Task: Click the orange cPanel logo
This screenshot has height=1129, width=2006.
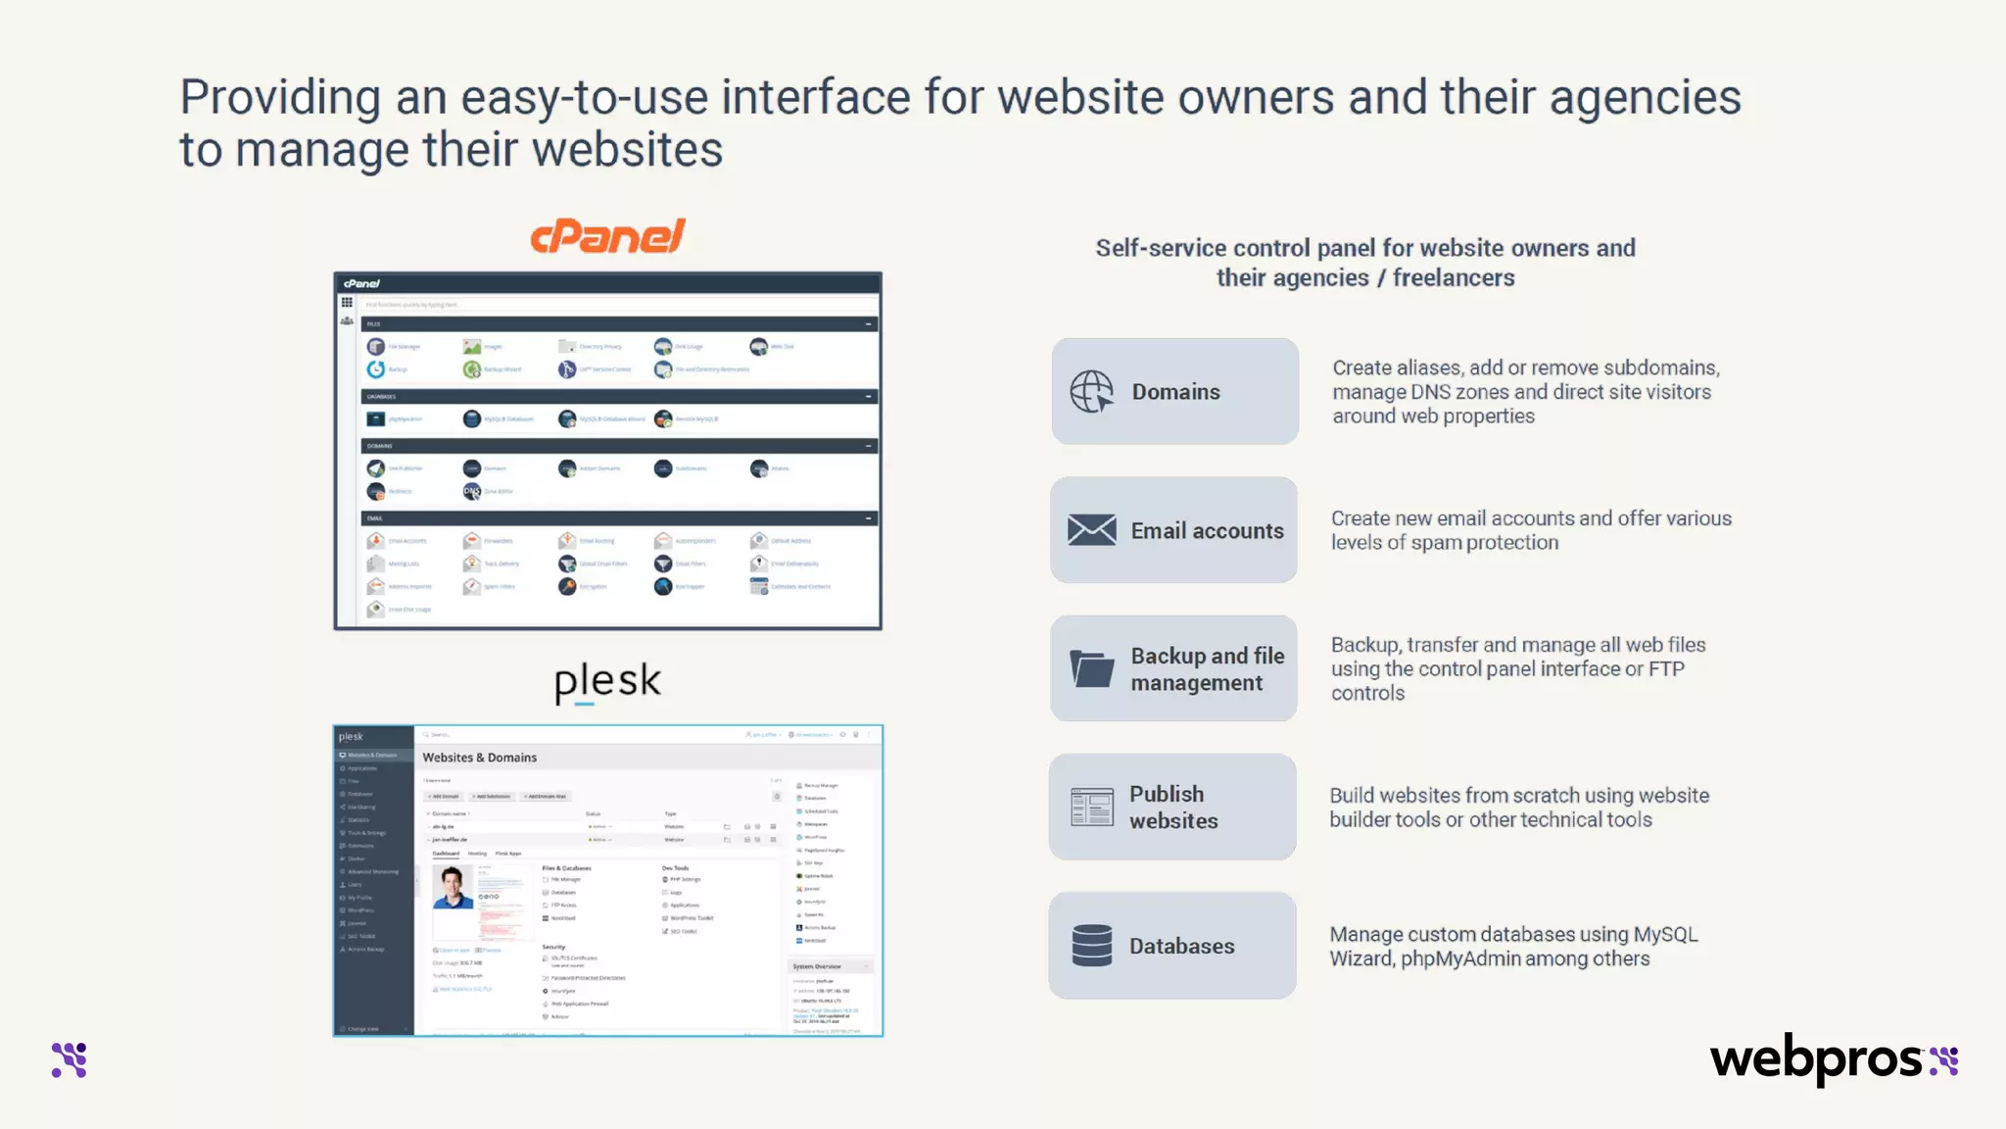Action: tap(607, 236)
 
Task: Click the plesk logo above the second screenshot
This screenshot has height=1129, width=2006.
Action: tap(607, 681)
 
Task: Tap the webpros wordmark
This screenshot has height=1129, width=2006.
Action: tap(1817, 1060)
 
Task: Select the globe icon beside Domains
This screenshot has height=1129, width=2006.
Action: tap(1091, 392)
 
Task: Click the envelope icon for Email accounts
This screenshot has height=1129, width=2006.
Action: tap(1091, 530)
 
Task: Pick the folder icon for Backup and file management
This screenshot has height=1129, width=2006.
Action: tap(1091, 669)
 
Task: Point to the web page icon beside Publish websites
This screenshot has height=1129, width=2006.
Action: tap(1091, 808)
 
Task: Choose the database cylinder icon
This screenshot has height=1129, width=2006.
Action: tap(1091, 946)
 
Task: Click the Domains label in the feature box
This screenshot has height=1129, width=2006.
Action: tap(1175, 392)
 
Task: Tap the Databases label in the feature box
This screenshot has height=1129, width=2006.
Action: tap(1181, 946)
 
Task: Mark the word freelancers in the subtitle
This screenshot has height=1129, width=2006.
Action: tap(1454, 278)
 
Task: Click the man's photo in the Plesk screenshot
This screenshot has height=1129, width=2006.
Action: tap(453, 887)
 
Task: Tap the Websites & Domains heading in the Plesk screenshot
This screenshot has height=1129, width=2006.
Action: tap(479, 758)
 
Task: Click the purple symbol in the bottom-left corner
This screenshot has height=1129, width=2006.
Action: tap(70, 1060)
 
